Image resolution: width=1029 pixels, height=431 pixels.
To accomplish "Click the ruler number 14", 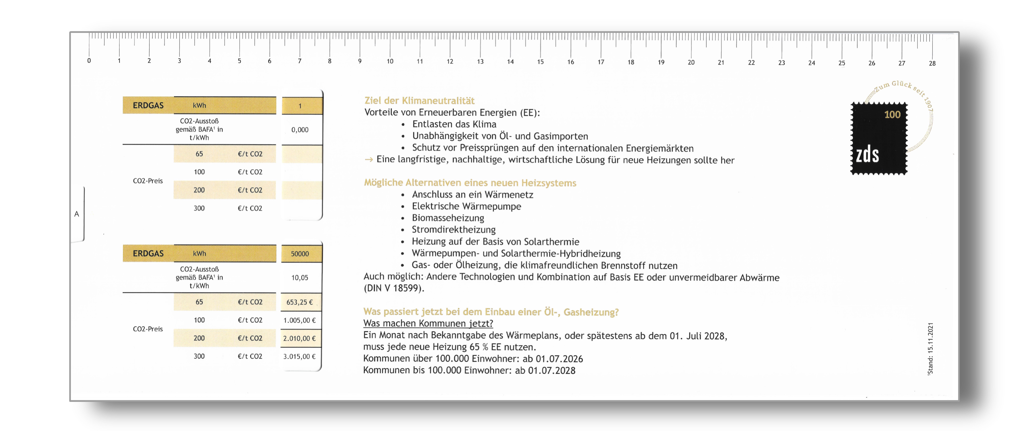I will point(510,61).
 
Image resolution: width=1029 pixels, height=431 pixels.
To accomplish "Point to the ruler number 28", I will point(932,63).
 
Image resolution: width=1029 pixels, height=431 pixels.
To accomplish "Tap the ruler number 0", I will point(89,61).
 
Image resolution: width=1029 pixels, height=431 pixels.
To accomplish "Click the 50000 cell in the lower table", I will point(300,254).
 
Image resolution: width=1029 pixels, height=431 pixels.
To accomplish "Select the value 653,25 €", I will point(300,302).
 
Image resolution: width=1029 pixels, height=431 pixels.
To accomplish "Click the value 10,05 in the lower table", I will point(300,277).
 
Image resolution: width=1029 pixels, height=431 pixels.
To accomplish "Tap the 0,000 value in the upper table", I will point(300,130).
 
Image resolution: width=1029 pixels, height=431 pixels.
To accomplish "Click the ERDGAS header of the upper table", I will point(148,105).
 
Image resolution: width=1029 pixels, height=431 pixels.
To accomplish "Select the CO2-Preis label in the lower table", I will point(148,329).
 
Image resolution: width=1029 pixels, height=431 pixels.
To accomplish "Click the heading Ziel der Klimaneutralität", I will point(420,101).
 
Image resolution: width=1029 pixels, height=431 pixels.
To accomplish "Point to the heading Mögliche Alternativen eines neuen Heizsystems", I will point(470,183).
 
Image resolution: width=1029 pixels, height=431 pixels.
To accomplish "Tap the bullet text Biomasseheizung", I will point(448,218).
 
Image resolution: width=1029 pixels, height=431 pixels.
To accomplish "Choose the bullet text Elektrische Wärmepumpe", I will point(467,206).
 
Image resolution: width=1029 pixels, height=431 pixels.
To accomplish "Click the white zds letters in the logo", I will point(867,155).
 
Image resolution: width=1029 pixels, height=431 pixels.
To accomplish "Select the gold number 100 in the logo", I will point(892,115).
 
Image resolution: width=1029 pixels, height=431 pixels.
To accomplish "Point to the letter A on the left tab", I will point(77,214).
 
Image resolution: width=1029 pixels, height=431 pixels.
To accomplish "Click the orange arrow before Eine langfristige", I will point(369,160).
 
